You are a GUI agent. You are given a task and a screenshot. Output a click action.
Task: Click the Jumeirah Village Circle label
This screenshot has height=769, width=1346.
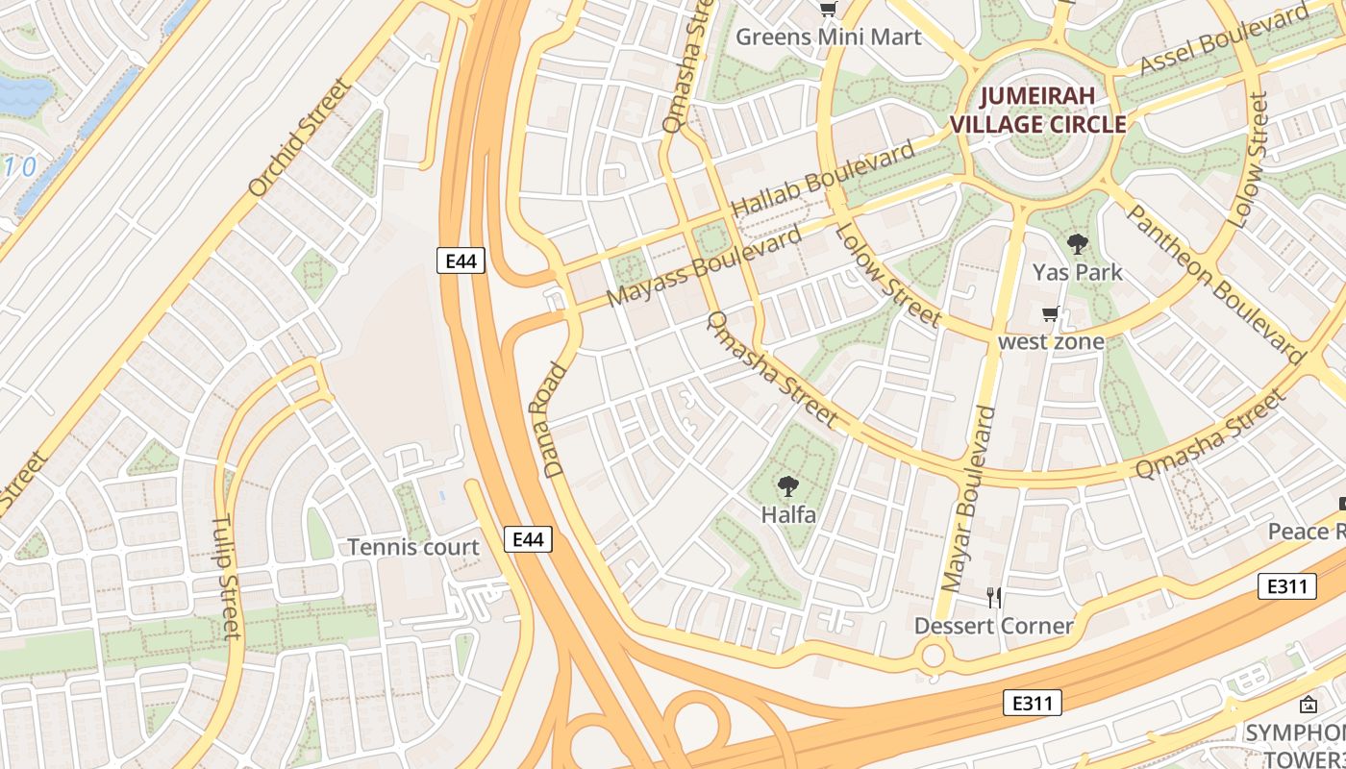(x=1037, y=110)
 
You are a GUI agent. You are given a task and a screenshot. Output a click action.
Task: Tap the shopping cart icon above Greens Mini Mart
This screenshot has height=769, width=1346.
(x=828, y=10)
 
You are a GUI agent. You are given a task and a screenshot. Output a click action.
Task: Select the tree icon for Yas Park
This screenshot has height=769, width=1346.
(x=1077, y=244)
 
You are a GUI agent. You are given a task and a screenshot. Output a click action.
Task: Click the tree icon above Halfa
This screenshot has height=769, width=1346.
(x=788, y=486)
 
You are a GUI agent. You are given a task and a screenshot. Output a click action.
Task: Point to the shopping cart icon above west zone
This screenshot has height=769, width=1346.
(x=1051, y=314)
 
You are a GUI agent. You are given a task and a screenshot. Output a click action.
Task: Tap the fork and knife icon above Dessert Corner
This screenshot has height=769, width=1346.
(x=994, y=598)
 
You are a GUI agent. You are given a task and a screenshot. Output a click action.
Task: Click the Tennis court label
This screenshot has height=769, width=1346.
(x=412, y=547)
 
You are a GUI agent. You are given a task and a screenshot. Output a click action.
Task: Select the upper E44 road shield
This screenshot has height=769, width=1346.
(x=461, y=260)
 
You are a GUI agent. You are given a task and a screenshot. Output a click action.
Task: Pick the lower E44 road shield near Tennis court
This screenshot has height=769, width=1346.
(x=528, y=539)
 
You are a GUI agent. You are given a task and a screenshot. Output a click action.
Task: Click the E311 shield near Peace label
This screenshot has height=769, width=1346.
(x=1286, y=585)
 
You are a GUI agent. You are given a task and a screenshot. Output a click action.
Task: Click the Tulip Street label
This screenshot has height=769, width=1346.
(x=228, y=577)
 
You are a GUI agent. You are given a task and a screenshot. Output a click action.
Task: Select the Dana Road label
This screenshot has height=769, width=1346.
(x=557, y=420)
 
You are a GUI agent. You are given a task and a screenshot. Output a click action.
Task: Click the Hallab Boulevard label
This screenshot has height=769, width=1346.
(x=823, y=180)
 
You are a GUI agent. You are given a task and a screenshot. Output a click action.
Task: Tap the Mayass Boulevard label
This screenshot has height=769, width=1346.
(x=706, y=266)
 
